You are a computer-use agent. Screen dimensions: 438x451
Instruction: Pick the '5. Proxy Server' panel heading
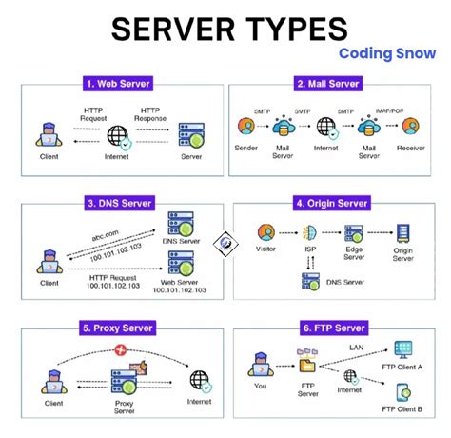(x=117, y=329)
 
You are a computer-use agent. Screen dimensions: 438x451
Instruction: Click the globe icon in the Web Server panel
(x=119, y=135)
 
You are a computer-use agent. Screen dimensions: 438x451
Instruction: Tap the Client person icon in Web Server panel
(x=43, y=133)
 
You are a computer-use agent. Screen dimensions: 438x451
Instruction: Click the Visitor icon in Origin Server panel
(x=267, y=232)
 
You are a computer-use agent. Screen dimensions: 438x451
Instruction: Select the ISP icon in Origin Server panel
(x=310, y=232)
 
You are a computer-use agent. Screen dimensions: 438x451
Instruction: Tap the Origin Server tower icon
(x=403, y=234)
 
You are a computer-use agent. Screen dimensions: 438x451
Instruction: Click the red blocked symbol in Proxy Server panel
(x=121, y=350)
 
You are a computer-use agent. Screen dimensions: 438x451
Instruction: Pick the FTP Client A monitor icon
(x=403, y=348)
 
